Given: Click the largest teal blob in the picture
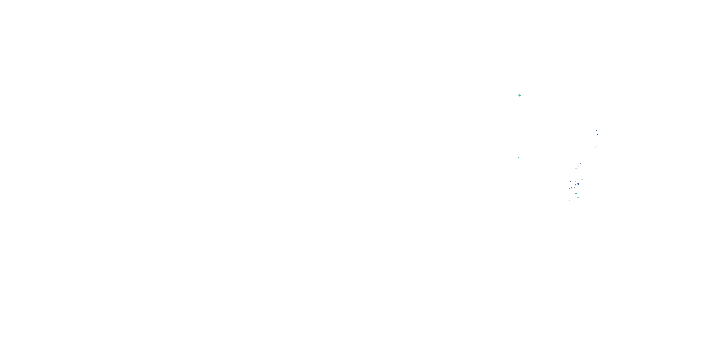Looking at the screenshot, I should pyautogui.click(x=519, y=95).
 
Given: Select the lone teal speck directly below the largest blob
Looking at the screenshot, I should pyautogui.click(x=518, y=158).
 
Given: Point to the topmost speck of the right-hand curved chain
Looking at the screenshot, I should pyautogui.click(x=595, y=125).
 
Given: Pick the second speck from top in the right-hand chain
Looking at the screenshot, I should pyautogui.click(x=596, y=131).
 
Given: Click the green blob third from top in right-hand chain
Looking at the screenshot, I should pyautogui.click(x=597, y=135).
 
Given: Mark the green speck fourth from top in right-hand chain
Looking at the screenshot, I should pyautogui.click(x=598, y=145).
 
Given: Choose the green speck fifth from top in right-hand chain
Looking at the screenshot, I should pyautogui.click(x=595, y=147).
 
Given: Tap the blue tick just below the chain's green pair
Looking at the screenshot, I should pyautogui.click(x=588, y=153).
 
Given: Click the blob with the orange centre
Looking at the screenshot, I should pyautogui.click(x=576, y=194).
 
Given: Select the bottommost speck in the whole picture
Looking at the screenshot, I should pyautogui.click(x=570, y=201).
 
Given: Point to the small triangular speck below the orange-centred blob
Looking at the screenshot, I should pyautogui.click(x=578, y=197).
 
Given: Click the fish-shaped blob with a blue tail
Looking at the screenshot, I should pyautogui.click(x=571, y=188).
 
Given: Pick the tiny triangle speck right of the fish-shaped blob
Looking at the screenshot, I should pyautogui.click(x=574, y=187).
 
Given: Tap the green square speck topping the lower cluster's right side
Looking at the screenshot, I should pyautogui.click(x=582, y=180).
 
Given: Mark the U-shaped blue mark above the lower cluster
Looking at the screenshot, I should pyautogui.click(x=577, y=168).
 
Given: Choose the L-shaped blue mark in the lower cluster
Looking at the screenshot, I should pyautogui.click(x=571, y=180).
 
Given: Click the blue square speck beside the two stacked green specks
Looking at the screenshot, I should pyautogui.click(x=576, y=185).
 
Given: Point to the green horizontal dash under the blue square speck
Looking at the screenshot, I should pyautogui.click(x=576, y=186).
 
